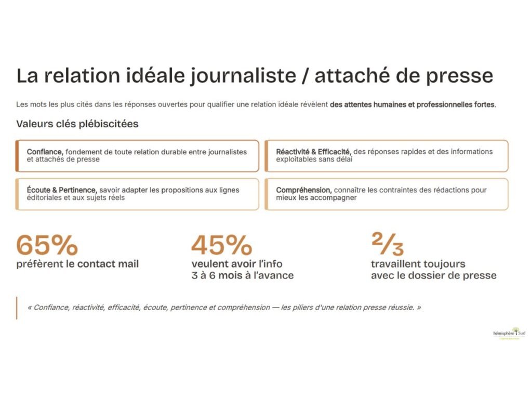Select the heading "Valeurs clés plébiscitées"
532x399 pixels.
pyautogui.click(x=77, y=124)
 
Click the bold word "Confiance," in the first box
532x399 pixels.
pyautogui.click(x=45, y=152)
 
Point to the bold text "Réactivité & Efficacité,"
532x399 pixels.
pyautogui.click(x=313, y=152)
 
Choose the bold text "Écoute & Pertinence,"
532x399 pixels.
pyautogui.click(x=61, y=190)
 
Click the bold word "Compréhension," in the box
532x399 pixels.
pyautogui.click(x=303, y=190)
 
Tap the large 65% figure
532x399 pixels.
pyautogui.click(x=47, y=245)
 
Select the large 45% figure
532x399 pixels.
pyautogui.click(x=222, y=245)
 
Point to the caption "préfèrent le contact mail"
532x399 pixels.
pyautogui.click(x=77, y=264)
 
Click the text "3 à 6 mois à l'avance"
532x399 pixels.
pyautogui.click(x=242, y=275)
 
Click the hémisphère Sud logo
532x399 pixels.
pyautogui.click(x=509, y=332)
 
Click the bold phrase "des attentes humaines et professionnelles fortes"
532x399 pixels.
pyautogui.click(x=413, y=104)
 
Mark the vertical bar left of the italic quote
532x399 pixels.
pyautogui.click(x=17, y=308)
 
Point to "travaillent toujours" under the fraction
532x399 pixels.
pyautogui.click(x=418, y=264)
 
